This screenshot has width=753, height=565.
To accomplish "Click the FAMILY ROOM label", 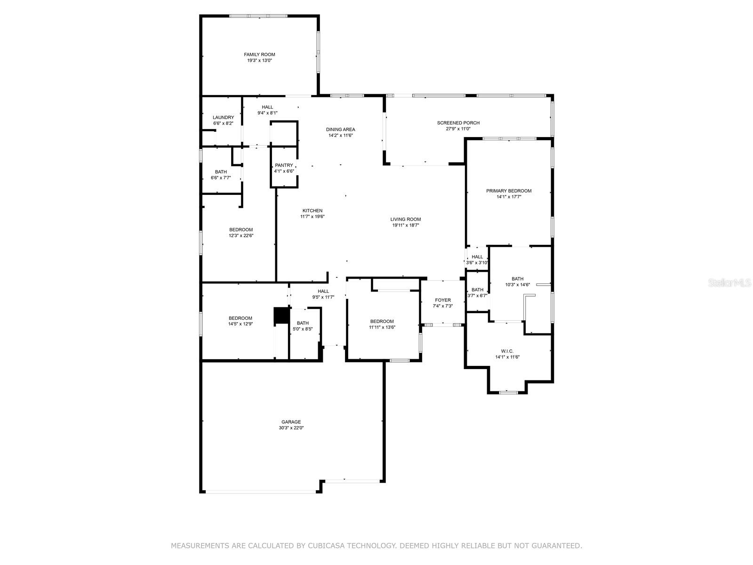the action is pos(259,55).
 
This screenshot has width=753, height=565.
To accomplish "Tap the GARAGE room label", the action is pos(291,422).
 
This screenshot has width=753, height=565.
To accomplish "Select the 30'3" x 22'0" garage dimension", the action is pos(291,428).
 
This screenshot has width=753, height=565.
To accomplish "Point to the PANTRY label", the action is pos(284,165).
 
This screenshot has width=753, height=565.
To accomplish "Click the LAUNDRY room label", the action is pos(223,118).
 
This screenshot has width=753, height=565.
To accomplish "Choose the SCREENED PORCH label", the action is pos(458,123).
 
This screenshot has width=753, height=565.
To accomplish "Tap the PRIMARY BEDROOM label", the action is pos(508,191).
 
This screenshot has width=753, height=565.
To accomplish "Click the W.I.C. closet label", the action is pos(507,351).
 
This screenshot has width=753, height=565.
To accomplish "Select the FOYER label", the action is pos(442,300).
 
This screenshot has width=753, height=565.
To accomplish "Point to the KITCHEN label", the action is pos(312,210).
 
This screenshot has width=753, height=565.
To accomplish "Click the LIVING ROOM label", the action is pos(406,219).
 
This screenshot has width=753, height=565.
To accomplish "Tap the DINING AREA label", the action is pos(340,129).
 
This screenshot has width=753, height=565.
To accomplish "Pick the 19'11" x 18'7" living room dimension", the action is pos(406,226).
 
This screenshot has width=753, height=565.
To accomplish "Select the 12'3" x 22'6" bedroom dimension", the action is pos(241,236).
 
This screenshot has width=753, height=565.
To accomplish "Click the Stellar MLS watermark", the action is pos(729,282).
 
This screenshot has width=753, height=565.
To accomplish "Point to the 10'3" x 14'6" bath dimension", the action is pos(517,285).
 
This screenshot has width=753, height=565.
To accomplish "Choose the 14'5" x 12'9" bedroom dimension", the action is pos(240,324).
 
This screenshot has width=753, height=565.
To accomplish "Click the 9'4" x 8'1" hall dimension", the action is pos(267,113).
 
